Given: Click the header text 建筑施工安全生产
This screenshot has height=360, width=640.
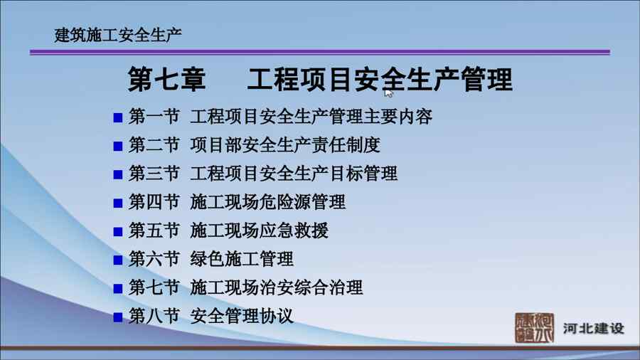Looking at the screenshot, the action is tap(118, 35).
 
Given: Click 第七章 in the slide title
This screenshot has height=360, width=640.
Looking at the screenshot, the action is tap(166, 79).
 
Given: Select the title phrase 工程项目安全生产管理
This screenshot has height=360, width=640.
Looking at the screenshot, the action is tap(380, 79).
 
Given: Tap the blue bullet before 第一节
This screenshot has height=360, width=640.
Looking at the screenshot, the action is tap(118, 118).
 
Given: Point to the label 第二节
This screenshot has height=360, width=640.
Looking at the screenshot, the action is tap(154, 145).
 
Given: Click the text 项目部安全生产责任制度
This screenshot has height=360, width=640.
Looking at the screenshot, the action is tap(285, 145).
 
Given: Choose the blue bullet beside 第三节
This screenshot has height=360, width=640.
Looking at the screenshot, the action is tap(118, 175).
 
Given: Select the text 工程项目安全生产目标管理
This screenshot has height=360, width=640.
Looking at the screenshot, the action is tap(294, 174).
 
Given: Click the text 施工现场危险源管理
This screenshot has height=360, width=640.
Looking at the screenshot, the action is tap(268, 202).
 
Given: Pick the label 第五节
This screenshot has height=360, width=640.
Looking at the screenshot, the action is tap(154, 231).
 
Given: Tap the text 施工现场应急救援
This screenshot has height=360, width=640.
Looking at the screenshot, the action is tap(259, 231).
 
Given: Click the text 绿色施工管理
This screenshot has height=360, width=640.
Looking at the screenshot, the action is tap(242, 259).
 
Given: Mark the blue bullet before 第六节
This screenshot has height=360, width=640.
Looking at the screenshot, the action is tap(118, 260).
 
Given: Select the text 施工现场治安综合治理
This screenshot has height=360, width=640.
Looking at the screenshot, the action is tap(277, 287).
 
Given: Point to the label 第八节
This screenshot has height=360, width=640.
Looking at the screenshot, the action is tap(154, 317).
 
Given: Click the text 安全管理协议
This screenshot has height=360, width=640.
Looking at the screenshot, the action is tap(242, 317).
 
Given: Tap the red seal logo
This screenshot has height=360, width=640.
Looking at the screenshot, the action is tap(534, 328).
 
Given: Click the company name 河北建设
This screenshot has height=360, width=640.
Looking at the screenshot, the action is tap(594, 328).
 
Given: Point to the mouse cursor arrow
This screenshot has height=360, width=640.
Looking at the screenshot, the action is tap(388, 93).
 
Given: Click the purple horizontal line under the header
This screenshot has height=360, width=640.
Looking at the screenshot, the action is tap(320, 52).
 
